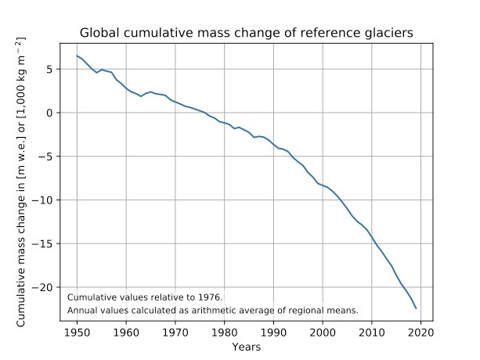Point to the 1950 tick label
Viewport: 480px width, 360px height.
point(76,332)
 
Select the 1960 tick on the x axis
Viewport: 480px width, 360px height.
point(125,332)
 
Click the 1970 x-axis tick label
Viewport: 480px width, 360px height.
point(175,332)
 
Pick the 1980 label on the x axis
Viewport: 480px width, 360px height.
point(224,332)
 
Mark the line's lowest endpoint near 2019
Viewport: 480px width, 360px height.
point(416,308)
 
